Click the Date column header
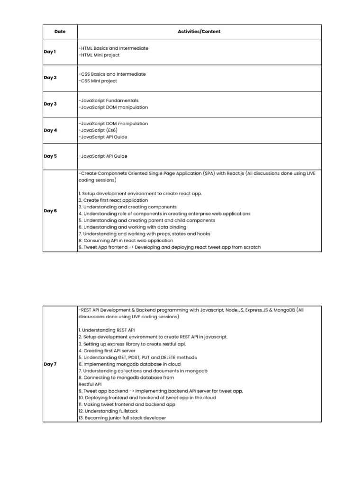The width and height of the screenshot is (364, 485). point(60,32)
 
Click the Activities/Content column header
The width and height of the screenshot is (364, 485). point(199,32)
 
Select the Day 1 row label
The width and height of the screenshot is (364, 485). point(50,52)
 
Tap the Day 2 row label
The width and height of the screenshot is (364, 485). point(50,78)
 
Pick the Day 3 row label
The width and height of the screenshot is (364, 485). point(50,104)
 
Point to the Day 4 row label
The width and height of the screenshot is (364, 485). point(50,130)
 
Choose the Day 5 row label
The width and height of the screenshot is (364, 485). point(50,156)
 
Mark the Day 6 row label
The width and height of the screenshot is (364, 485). point(50,211)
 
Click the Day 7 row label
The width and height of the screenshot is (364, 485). point(50,364)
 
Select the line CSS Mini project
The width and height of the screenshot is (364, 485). point(99,81)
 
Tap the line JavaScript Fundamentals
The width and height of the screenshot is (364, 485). point(109,100)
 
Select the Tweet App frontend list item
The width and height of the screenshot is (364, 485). point(169,247)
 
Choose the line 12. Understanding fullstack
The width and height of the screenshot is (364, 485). point(108,412)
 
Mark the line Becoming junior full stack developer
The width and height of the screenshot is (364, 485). point(122,418)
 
